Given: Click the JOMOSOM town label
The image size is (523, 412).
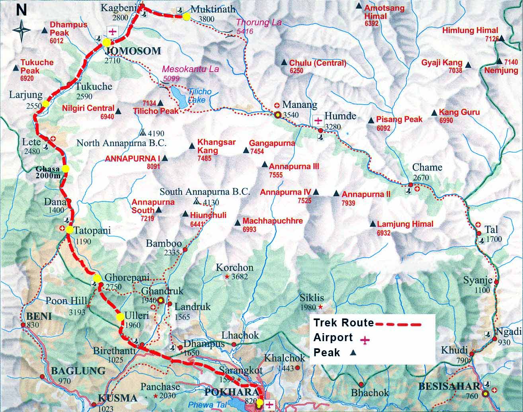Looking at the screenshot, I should (x=133, y=51).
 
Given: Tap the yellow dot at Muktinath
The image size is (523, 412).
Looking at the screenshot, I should (x=186, y=17).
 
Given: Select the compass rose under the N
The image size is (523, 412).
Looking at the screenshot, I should (x=21, y=29).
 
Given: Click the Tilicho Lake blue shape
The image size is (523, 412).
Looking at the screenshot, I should (x=179, y=98).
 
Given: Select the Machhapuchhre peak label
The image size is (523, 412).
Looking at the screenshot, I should (x=273, y=221).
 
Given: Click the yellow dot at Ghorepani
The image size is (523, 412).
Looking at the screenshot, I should (x=97, y=278).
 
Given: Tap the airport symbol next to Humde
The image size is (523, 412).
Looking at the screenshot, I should (x=318, y=120).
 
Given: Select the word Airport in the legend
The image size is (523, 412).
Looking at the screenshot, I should (x=333, y=338).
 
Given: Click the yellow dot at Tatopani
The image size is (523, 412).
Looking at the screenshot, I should (x=69, y=230).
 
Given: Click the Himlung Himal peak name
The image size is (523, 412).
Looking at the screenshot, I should (x=470, y=30).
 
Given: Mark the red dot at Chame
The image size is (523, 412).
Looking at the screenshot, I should (x=410, y=184).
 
